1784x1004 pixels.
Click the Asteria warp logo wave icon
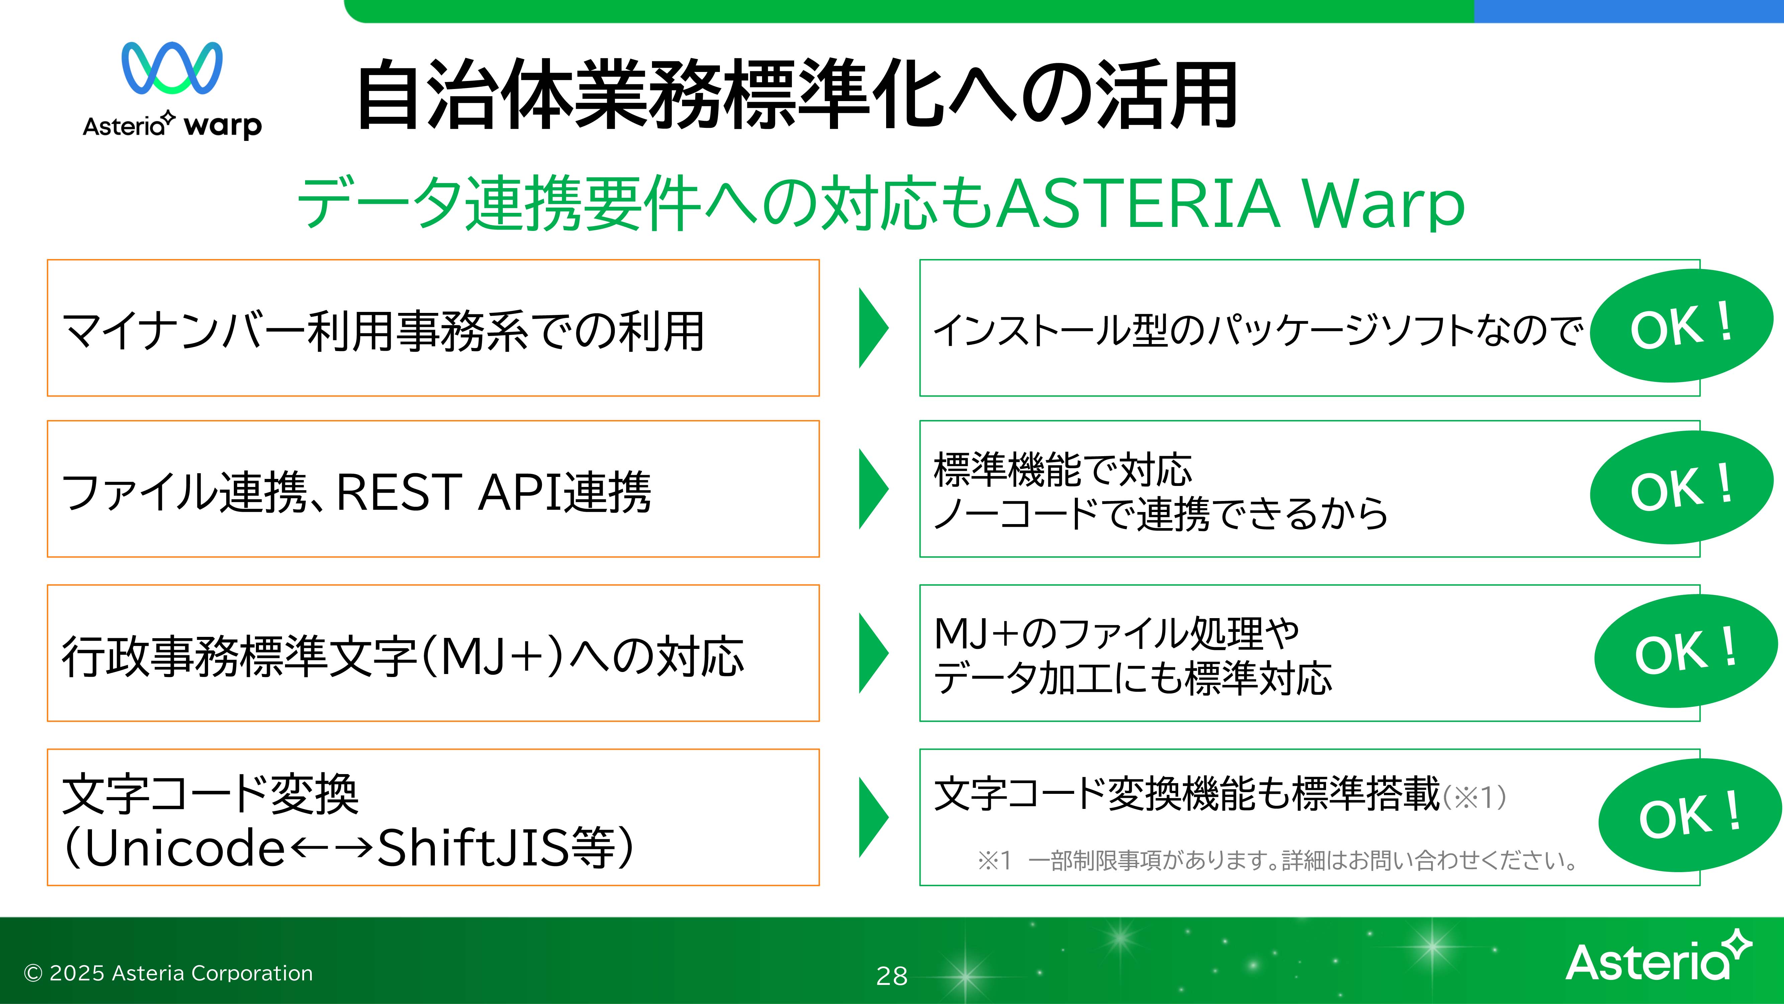(172, 68)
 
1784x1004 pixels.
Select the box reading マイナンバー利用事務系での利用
(433, 328)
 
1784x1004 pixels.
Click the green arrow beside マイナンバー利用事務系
(873, 328)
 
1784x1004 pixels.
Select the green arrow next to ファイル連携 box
(873, 489)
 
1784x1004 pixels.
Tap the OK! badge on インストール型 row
(1682, 326)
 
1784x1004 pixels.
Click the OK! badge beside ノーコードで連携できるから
(1682, 487)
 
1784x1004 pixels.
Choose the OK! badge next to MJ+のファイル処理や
(1686, 651)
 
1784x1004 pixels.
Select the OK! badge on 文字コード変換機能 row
(1690, 816)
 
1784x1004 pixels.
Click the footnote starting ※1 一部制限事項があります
(1278, 860)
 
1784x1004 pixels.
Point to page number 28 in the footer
(892, 976)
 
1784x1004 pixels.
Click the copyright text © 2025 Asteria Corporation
(168, 974)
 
